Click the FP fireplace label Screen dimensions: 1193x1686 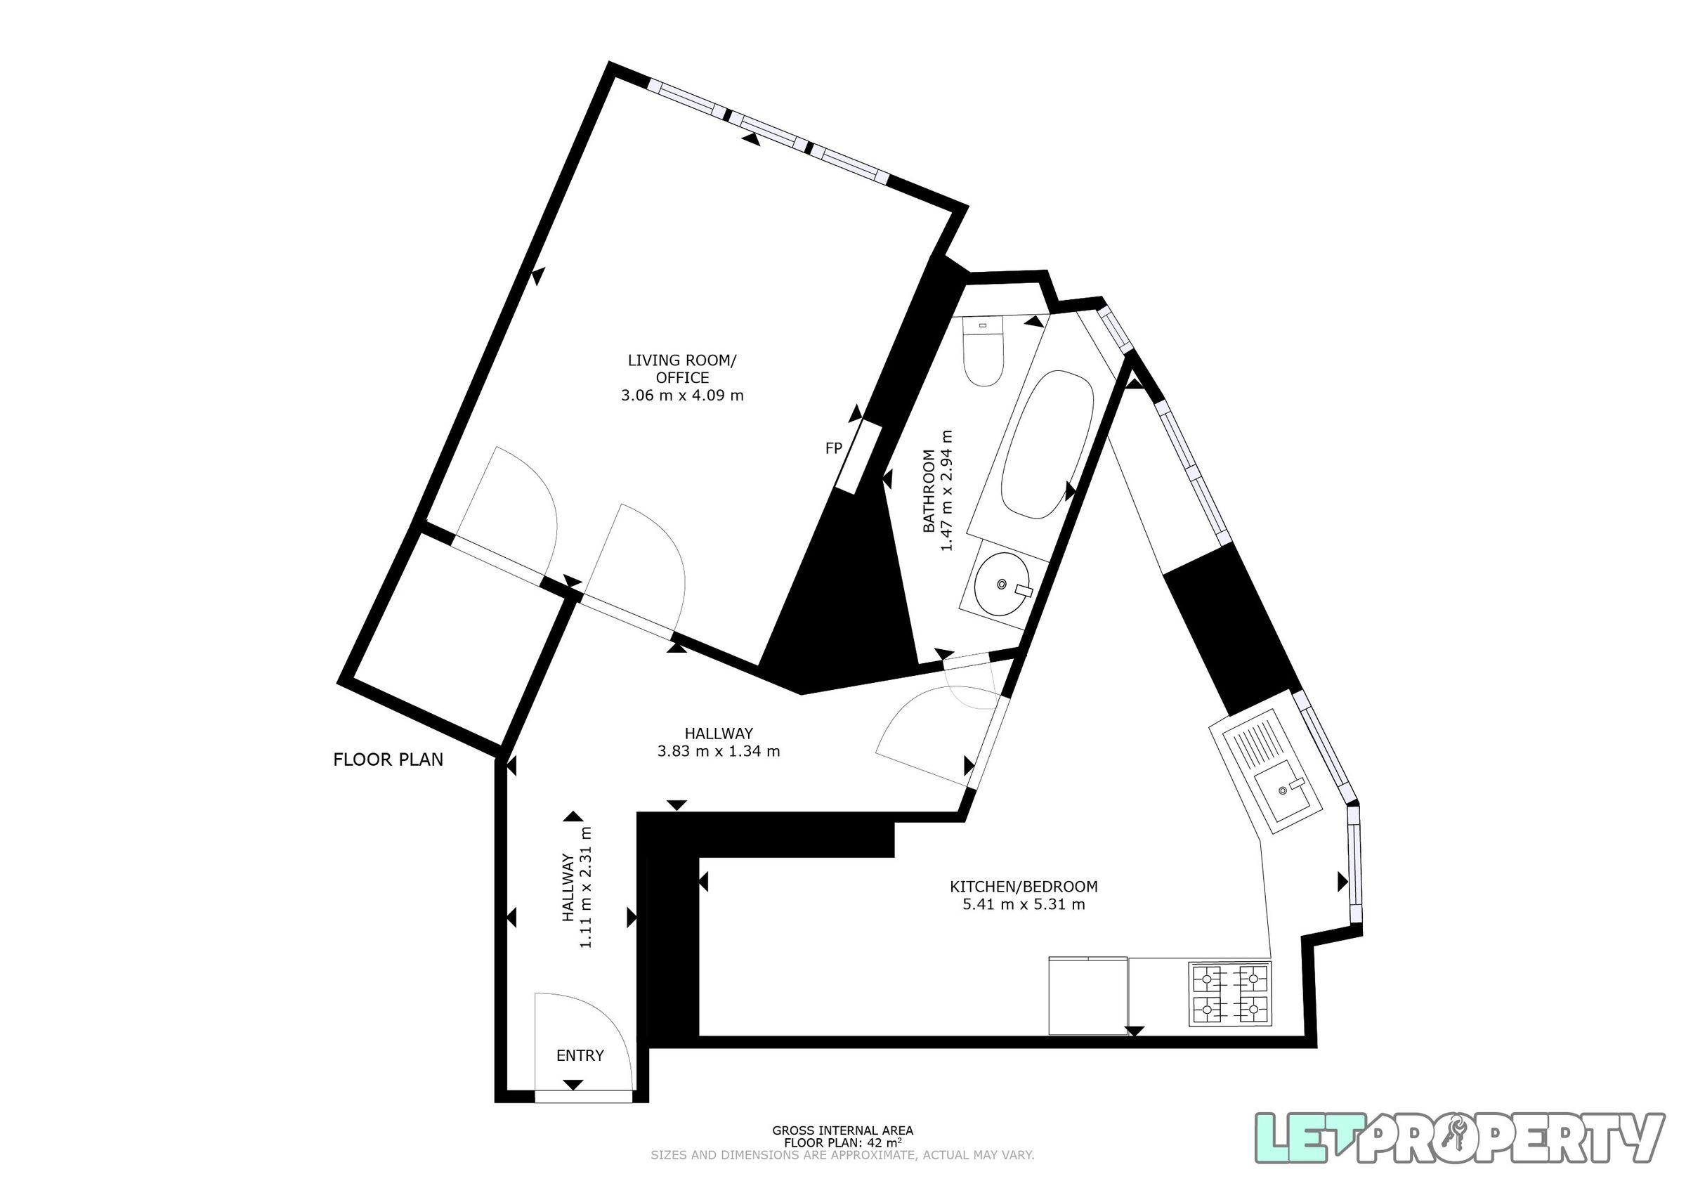[832, 448]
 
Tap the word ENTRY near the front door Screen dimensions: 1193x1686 [580, 1055]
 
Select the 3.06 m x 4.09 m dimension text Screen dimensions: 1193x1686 [682, 396]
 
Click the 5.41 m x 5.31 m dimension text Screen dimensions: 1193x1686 [1024, 904]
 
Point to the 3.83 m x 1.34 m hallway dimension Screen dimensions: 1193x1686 [719, 751]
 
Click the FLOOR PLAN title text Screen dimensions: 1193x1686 [388, 760]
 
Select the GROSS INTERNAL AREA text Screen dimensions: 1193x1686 [842, 1130]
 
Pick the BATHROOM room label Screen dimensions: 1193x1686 [929, 490]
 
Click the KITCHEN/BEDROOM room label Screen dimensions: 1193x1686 [1024, 887]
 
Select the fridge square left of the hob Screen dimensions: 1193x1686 [1088, 996]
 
